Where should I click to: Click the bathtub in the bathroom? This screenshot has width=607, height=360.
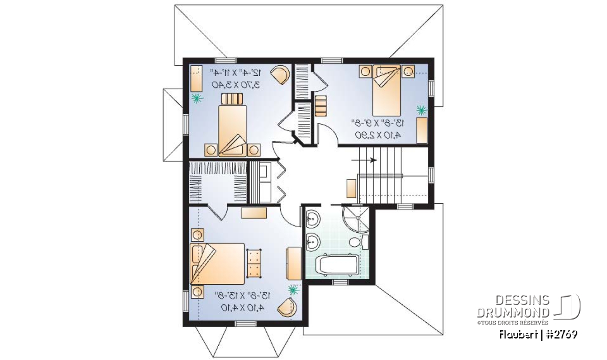pyautogui.click(x=336, y=265)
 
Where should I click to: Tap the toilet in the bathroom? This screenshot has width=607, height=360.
pyautogui.click(x=355, y=244)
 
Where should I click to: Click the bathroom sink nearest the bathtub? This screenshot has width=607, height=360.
pyautogui.click(x=312, y=240)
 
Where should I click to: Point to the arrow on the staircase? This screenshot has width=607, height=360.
pyautogui.click(x=372, y=160)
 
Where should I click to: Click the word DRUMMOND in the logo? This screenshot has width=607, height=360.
pyautogui.click(x=514, y=313)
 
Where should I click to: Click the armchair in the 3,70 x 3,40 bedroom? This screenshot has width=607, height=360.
pyautogui.click(x=280, y=75)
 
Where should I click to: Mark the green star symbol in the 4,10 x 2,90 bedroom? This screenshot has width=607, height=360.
pyautogui.click(x=421, y=109)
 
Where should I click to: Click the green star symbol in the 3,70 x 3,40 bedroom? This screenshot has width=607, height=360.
pyautogui.click(x=197, y=97)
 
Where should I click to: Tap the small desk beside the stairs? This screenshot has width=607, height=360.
pyautogui.click(x=352, y=189)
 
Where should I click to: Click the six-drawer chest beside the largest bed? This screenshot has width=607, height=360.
pyautogui.click(x=254, y=263)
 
